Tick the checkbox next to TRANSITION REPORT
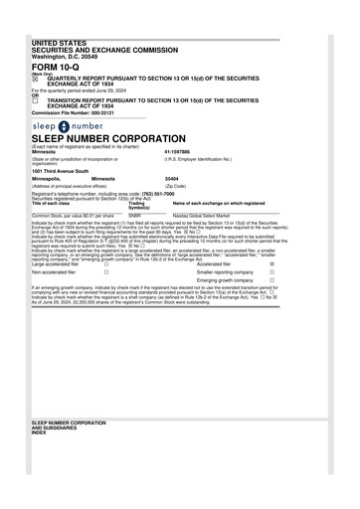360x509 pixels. click(36, 101)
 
